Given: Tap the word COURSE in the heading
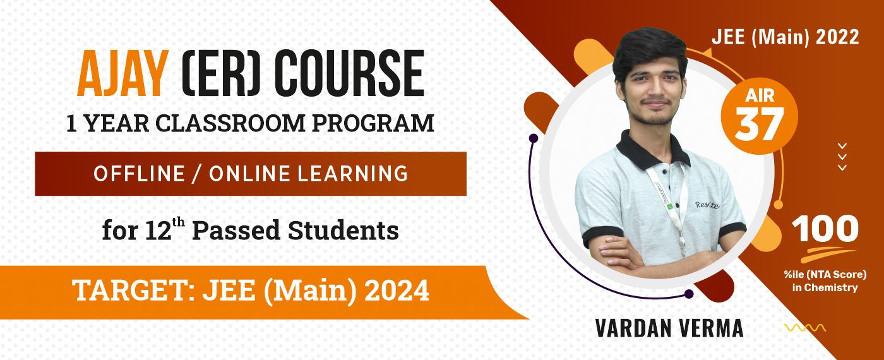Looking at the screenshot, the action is tap(353, 73).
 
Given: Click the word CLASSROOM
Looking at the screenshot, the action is tap(230, 123).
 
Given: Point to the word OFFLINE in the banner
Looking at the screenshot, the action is tap(140, 174).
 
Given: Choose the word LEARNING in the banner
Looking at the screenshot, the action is tap(352, 174).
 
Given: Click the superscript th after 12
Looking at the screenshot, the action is tap(178, 222).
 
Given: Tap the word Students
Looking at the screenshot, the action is tap(343, 231).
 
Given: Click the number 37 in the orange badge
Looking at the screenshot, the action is tap(758, 124).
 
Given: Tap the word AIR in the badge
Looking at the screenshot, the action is tap(760, 96).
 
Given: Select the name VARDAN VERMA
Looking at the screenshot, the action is tap(669, 328).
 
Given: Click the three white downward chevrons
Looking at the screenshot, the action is tap(842, 157).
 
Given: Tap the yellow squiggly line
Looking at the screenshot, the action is tap(805, 328).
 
